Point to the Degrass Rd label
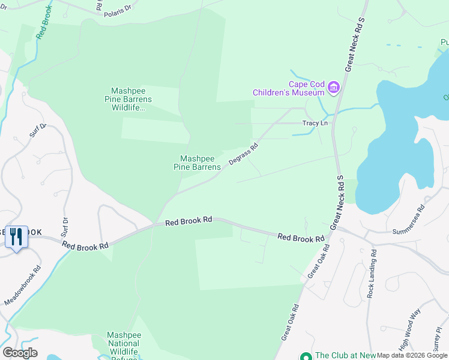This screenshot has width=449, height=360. click(243, 154)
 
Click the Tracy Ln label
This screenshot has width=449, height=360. click(315, 124)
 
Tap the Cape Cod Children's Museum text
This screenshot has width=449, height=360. click(289, 88)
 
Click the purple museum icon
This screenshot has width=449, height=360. click(334, 89)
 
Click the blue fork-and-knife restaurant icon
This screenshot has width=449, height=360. click(16, 236)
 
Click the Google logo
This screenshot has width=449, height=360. click(20, 353)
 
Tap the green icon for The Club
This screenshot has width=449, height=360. click(306, 356)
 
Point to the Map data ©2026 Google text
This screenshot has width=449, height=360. click(412, 355)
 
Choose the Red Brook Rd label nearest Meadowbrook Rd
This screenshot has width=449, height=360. click(85, 245)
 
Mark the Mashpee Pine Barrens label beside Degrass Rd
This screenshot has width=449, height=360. click(196, 163)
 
